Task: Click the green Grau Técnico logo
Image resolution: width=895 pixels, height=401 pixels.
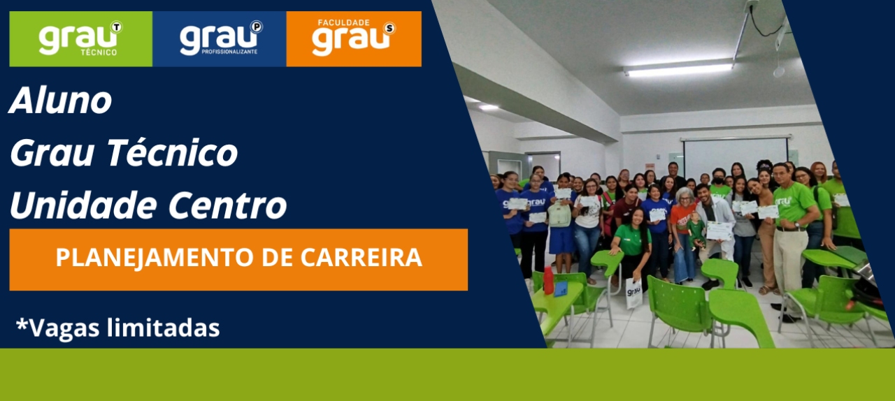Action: point(80,39)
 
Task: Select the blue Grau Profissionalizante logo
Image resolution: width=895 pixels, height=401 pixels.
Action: point(220,39)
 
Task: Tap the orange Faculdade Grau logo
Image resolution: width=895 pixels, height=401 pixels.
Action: point(354,39)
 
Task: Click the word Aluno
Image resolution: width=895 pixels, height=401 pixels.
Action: point(61,101)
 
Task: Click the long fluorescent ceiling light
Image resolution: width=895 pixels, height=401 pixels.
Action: point(678,68)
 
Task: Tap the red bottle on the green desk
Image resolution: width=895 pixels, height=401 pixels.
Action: point(549,280)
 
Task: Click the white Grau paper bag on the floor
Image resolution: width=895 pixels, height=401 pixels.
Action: point(633,292)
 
